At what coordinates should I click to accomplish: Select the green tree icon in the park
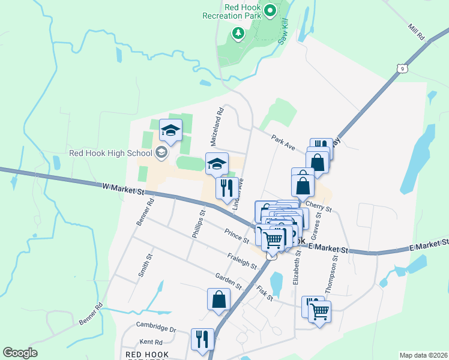coord(238,33)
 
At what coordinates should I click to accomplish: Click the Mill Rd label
coord(416,32)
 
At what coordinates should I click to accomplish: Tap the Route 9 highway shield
coord(402,68)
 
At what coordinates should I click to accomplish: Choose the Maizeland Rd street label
coord(217,127)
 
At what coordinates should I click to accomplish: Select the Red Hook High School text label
coord(105,153)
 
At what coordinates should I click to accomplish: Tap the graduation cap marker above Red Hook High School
coord(170,130)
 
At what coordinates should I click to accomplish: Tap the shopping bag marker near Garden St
coord(218,299)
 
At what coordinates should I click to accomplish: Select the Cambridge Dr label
coord(155,329)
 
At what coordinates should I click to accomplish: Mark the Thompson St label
coord(332,272)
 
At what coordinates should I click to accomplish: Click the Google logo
coord(20,353)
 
